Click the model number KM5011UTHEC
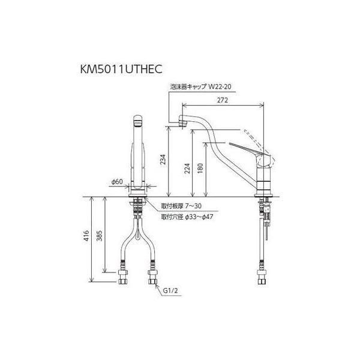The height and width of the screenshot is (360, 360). click(x=121, y=68)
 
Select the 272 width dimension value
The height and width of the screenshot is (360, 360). click(x=223, y=100)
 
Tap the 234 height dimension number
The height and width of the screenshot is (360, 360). click(x=163, y=160)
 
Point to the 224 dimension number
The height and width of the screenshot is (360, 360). click(x=187, y=168)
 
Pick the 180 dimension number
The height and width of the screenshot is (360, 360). click(x=200, y=168)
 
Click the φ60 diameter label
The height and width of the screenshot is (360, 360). click(x=117, y=182)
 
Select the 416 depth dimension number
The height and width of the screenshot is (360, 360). click(x=86, y=235)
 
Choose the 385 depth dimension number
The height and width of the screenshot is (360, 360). click(x=99, y=235)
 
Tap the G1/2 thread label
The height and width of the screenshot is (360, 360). click(x=170, y=290)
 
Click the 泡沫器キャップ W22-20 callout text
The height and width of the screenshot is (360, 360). click(x=200, y=86)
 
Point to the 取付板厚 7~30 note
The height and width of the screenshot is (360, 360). click(x=181, y=206)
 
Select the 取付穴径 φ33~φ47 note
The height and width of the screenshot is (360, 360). click(x=187, y=217)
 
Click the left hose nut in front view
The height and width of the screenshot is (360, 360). click(x=123, y=277)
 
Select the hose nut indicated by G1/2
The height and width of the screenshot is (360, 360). click(x=152, y=277)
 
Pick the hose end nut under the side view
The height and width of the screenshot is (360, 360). click(x=262, y=277)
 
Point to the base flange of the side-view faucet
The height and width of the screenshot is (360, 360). click(x=263, y=195)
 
